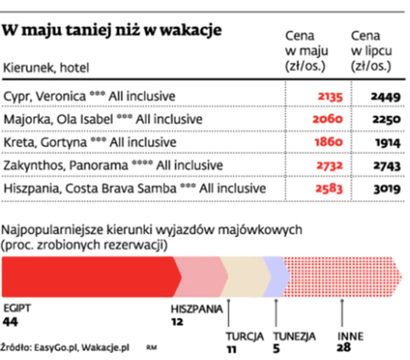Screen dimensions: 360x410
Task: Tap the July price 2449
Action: pyautogui.click(x=385, y=96)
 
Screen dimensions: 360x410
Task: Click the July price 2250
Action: pyautogui.click(x=385, y=119)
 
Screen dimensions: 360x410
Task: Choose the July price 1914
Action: pyautogui.click(x=386, y=142)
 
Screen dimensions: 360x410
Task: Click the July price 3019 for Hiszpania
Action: pyautogui.click(x=385, y=188)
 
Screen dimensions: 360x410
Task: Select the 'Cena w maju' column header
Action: pyautogui.click(x=306, y=51)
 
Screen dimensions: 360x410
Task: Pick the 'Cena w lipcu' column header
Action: pyautogui.click(x=371, y=51)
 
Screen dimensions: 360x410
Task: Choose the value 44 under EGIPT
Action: pyautogui.click(x=11, y=321)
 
